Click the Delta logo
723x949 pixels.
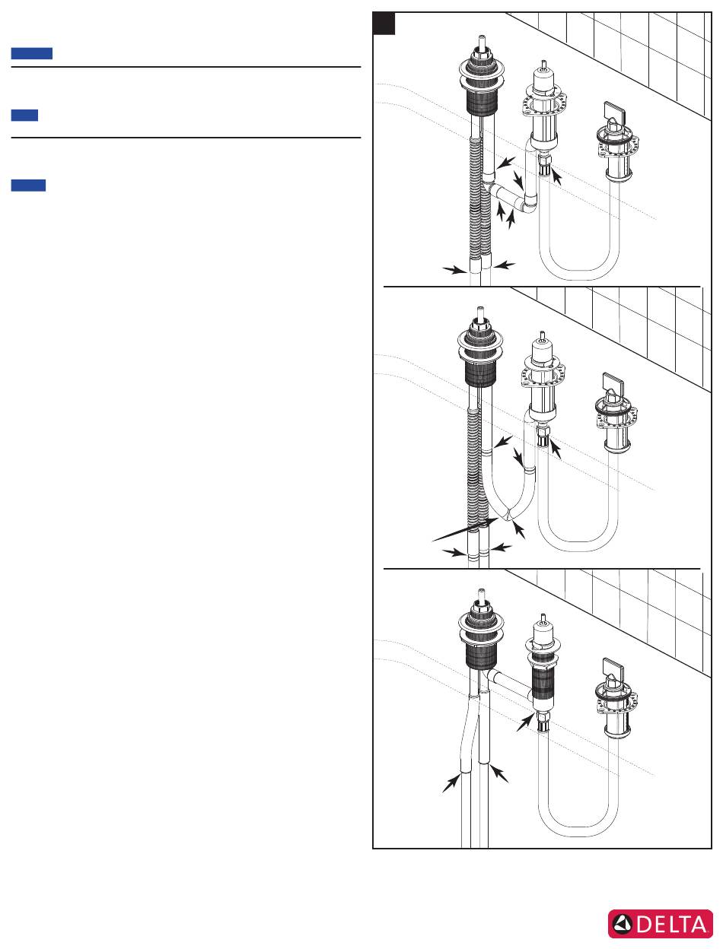point(660,923)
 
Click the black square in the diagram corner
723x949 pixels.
point(384,24)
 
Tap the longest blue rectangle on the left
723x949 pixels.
point(32,53)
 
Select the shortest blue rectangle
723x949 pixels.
point(24,116)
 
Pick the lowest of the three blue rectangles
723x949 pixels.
point(28,185)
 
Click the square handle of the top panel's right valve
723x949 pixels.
point(615,113)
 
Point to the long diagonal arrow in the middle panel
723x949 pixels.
point(465,530)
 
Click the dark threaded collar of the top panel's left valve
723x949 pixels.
point(482,103)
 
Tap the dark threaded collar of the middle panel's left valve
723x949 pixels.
point(480,373)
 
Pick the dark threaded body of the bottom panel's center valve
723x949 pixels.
point(543,687)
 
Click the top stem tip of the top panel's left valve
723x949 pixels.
point(482,36)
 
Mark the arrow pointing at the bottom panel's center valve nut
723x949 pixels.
point(525,722)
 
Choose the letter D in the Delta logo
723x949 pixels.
point(645,925)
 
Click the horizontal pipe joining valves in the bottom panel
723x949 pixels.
point(511,683)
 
